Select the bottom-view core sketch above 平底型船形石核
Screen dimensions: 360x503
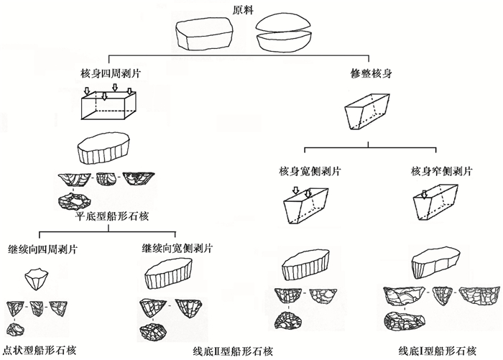(75, 201)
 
